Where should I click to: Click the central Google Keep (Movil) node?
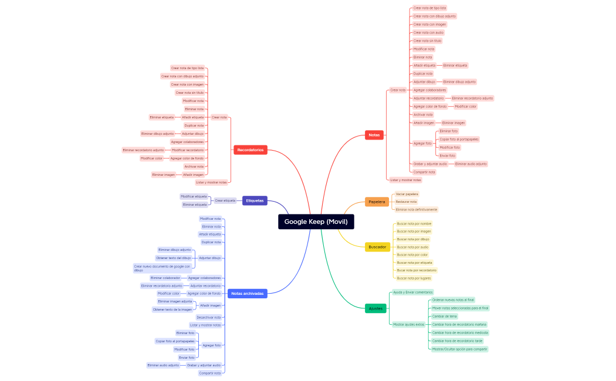316,222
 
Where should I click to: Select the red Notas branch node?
374,135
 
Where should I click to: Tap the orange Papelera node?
377,202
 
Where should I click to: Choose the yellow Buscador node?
377,247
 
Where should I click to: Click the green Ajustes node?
375,308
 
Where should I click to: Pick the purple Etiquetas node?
255,200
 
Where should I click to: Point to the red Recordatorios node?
251,150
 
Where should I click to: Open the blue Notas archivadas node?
247,293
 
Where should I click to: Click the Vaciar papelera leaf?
407,194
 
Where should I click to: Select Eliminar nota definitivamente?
416,209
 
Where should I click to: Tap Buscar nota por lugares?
414,278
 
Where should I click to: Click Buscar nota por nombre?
414,223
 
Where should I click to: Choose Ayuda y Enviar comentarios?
412,292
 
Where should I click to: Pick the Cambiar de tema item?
444,316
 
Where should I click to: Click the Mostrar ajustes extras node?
408,324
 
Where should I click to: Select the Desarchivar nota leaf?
209,317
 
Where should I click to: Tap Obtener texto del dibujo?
173,258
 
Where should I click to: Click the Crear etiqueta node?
225,200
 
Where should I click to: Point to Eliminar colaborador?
165,278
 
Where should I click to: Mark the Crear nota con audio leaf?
428,33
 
